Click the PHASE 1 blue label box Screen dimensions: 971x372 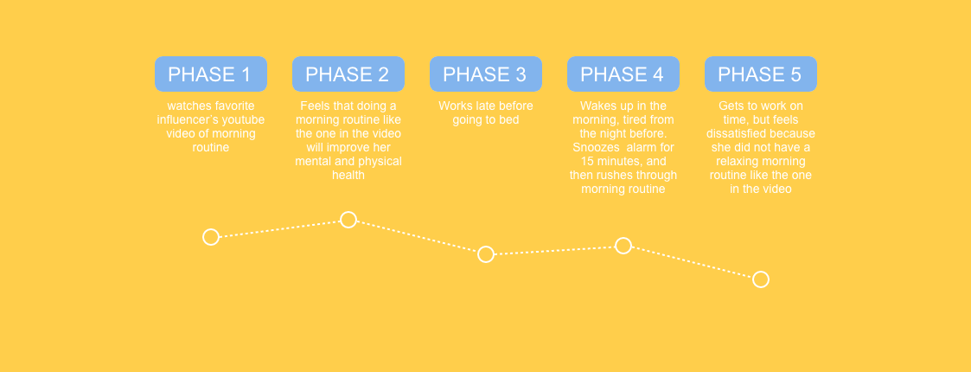(211, 74)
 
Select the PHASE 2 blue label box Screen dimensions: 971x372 (348, 74)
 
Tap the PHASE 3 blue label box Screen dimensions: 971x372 (486, 74)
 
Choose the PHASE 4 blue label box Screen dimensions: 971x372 (623, 74)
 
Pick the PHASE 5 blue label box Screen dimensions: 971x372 (760, 74)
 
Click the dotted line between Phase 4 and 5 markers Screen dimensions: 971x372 (693, 263)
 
